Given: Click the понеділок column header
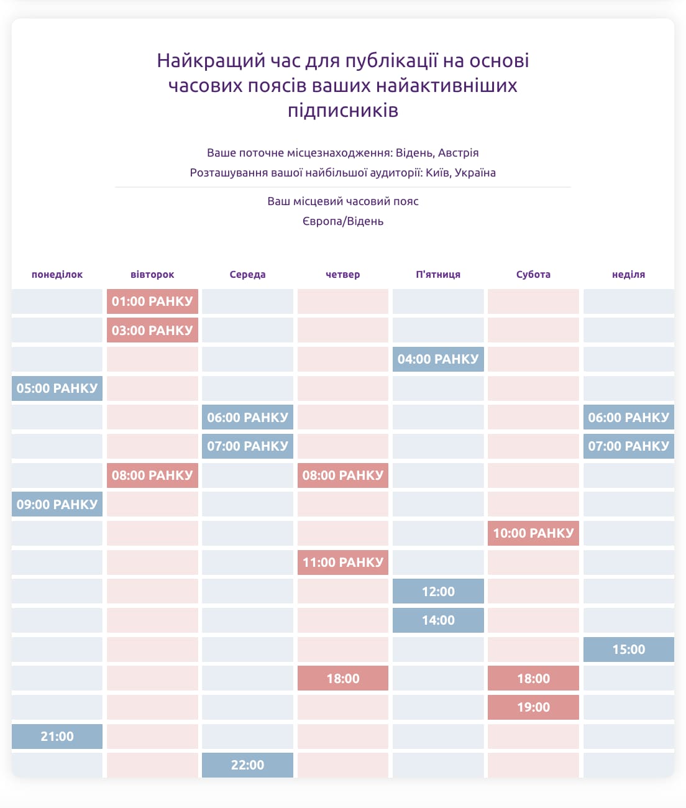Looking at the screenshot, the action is pyautogui.click(x=57, y=274).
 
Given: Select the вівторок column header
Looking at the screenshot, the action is pyautogui.click(x=152, y=274).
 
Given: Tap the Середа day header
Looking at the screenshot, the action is pyautogui.click(x=247, y=274).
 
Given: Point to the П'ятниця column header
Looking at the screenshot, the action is pyautogui.click(x=438, y=274).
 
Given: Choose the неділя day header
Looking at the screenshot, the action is pyautogui.click(x=628, y=274).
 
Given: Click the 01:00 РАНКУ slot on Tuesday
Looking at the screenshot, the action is pyautogui.click(x=152, y=301).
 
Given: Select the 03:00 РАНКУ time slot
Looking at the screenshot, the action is pyautogui.click(x=152, y=330).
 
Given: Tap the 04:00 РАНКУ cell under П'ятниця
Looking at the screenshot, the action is pyautogui.click(x=438, y=359).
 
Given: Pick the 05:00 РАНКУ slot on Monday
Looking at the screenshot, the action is pyautogui.click(x=57, y=388).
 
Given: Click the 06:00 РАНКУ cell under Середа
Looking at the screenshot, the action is pyautogui.click(x=247, y=417).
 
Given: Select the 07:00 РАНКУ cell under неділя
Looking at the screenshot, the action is pyautogui.click(x=629, y=446).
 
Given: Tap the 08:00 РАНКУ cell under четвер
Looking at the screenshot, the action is pyautogui.click(x=343, y=475).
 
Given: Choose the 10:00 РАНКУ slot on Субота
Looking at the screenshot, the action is pyautogui.click(x=533, y=533).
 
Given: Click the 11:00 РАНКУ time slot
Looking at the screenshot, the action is pyautogui.click(x=343, y=562).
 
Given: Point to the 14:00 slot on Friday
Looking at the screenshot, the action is pyautogui.click(x=438, y=620).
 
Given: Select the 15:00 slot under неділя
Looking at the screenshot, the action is pyautogui.click(x=629, y=650).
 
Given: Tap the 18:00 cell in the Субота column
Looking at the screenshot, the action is pyautogui.click(x=533, y=678).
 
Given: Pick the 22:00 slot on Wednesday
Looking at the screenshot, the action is pyautogui.click(x=247, y=764).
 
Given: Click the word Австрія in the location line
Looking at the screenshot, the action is pyautogui.click(x=458, y=152).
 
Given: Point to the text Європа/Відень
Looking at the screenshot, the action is pyautogui.click(x=343, y=221).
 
